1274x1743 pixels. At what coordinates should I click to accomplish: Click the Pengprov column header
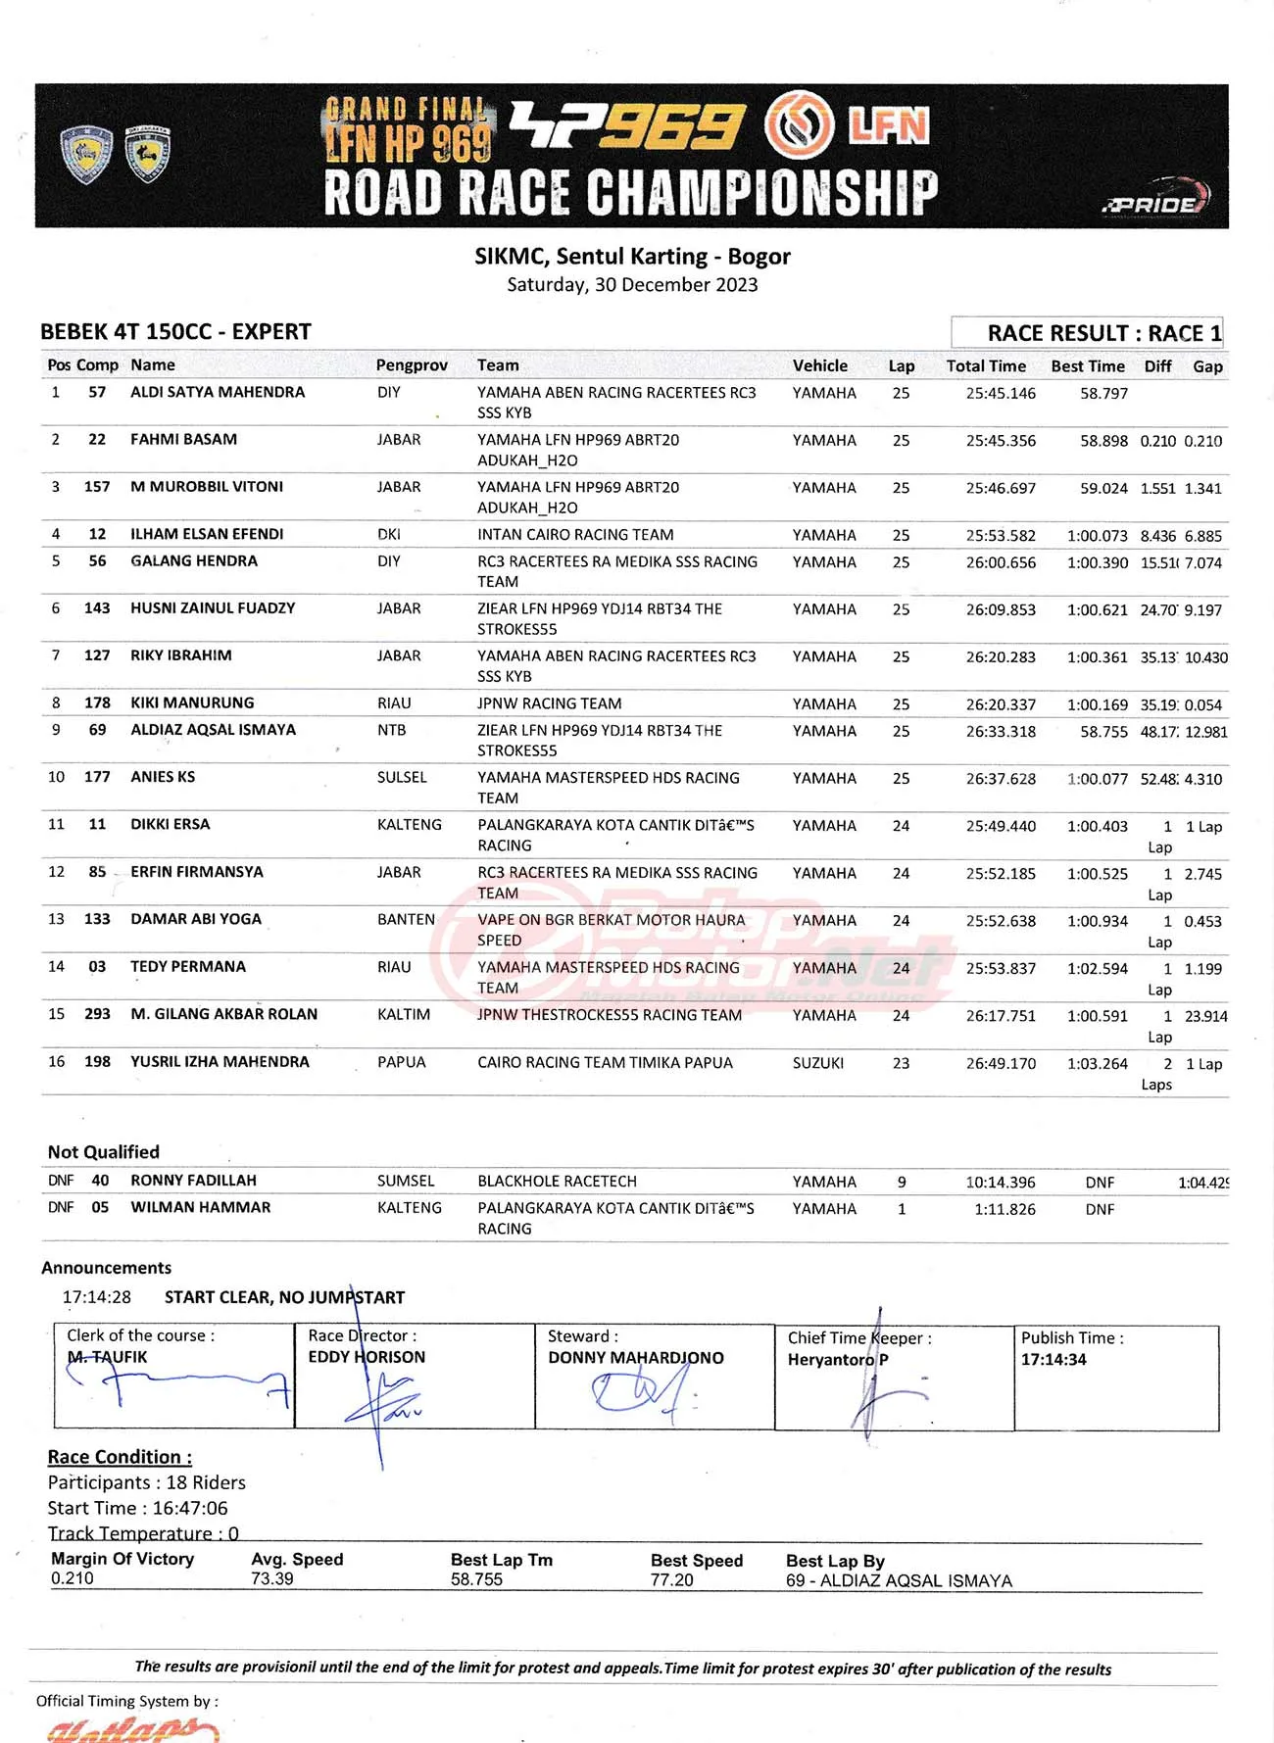tap(412, 365)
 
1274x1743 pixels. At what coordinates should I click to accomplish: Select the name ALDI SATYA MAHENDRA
tap(218, 392)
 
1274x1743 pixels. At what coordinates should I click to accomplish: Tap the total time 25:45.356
tap(1000, 441)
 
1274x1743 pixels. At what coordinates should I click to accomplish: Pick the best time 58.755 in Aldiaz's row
tap(1103, 731)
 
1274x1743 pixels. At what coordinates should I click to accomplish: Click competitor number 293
tap(97, 1014)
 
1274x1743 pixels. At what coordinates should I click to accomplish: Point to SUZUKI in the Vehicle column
tap(817, 1063)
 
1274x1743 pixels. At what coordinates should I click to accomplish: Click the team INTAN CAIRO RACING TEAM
tap(575, 535)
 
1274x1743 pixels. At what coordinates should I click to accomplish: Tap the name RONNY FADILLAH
tap(193, 1181)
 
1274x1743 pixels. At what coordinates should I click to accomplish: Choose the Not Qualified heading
tap(103, 1152)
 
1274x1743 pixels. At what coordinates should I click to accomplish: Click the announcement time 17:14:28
tap(96, 1297)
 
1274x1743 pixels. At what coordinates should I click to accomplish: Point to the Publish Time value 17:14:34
tap(1053, 1360)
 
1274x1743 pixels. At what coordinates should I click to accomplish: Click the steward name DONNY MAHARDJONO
tap(635, 1358)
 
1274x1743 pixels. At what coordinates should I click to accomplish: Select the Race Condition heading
tap(120, 1457)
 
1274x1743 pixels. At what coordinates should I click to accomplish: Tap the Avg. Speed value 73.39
tap(271, 1578)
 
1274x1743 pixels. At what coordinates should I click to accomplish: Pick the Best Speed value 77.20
tap(671, 1579)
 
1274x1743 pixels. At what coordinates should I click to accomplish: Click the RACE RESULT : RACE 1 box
tap(1087, 333)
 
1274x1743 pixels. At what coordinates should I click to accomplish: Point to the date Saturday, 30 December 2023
tap(632, 285)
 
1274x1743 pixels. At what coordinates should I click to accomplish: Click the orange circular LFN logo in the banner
tap(799, 124)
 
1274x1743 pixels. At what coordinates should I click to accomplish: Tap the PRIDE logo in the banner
tap(1155, 200)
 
